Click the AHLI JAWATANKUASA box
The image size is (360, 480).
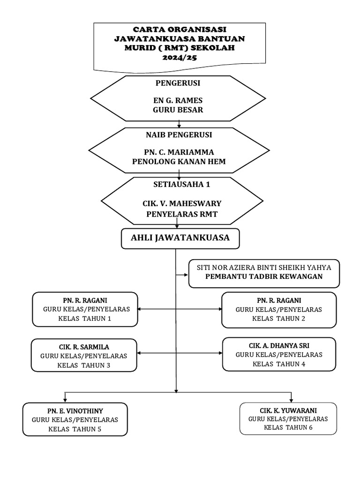tap(180, 238)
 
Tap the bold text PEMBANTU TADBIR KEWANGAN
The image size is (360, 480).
tap(264, 277)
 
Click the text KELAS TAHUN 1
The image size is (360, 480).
tap(84, 318)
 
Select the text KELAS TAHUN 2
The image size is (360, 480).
tap(279, 318)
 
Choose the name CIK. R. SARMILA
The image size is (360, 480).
tap(84, 347)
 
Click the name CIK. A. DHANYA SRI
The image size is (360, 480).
tap(279, 345)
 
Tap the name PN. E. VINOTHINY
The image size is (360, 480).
tap(75, 411)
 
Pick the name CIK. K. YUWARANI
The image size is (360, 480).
tap(288, 410)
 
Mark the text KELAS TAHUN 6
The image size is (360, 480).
tap(288, 427)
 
